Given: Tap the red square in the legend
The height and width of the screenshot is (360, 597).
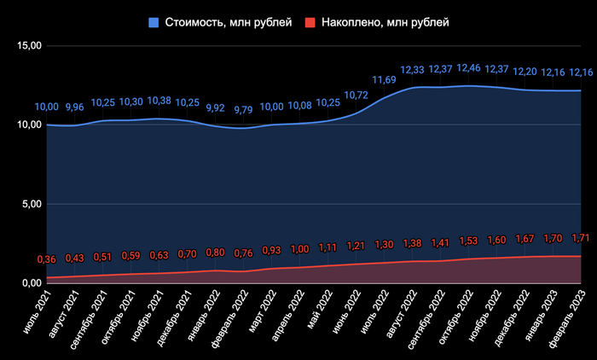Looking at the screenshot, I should [x=308, y=21].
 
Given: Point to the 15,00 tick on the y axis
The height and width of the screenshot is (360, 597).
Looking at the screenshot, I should [x=28, y=46].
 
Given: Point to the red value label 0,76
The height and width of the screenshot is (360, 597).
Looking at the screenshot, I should [x=245, y=253].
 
